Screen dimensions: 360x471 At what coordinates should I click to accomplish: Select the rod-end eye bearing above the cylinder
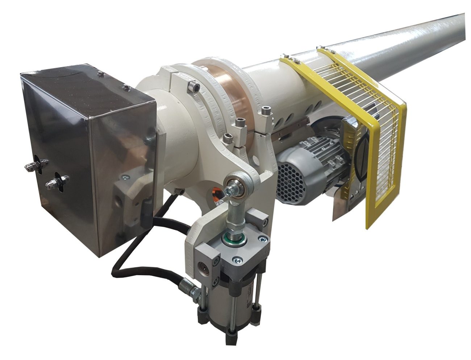click(236, 181)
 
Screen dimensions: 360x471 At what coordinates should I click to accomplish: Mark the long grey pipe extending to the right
click(417, 40)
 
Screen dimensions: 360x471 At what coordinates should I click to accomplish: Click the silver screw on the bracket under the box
click(125, 177)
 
